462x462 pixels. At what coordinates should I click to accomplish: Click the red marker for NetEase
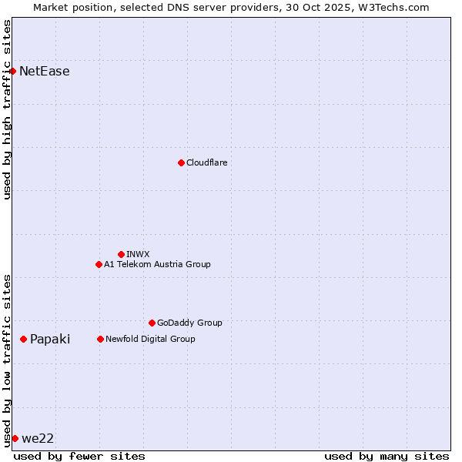click(x=12, y=71)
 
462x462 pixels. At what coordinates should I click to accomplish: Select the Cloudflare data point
click(x=181, y=162)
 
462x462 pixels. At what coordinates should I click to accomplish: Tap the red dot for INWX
click(x=121, y=254)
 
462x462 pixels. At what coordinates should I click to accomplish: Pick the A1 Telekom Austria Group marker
click(x=99, y=264)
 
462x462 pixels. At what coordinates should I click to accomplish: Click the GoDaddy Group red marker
click(x=152, y=323)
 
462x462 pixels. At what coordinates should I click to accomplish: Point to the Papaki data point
click(x=24, y=339)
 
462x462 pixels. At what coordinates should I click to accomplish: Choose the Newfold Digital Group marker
click(x=100, y=339)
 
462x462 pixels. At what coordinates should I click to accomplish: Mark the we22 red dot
click(x=15, y=438)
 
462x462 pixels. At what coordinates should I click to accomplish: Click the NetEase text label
click(x=45, y=72)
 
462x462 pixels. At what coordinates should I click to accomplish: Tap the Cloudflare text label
click(x=206, y=162)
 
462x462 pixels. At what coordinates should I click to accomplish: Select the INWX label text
click(x=138, y=254)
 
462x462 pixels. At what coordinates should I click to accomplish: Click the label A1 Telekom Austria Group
click(x=157, y=264)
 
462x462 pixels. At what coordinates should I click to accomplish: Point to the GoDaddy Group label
click(x=189, y=323)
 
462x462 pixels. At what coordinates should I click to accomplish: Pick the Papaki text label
click(x=50, y=340)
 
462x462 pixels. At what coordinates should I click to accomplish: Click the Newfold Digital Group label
click(x=150, y=339)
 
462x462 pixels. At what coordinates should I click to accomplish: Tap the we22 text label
click(x=38, y=439)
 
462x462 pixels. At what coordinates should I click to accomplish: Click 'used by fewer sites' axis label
click(x=79, y=456)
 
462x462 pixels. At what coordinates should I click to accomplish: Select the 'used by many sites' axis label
click(x=387, y=456)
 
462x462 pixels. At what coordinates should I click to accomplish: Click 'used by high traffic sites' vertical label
click(x=7, y=109)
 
